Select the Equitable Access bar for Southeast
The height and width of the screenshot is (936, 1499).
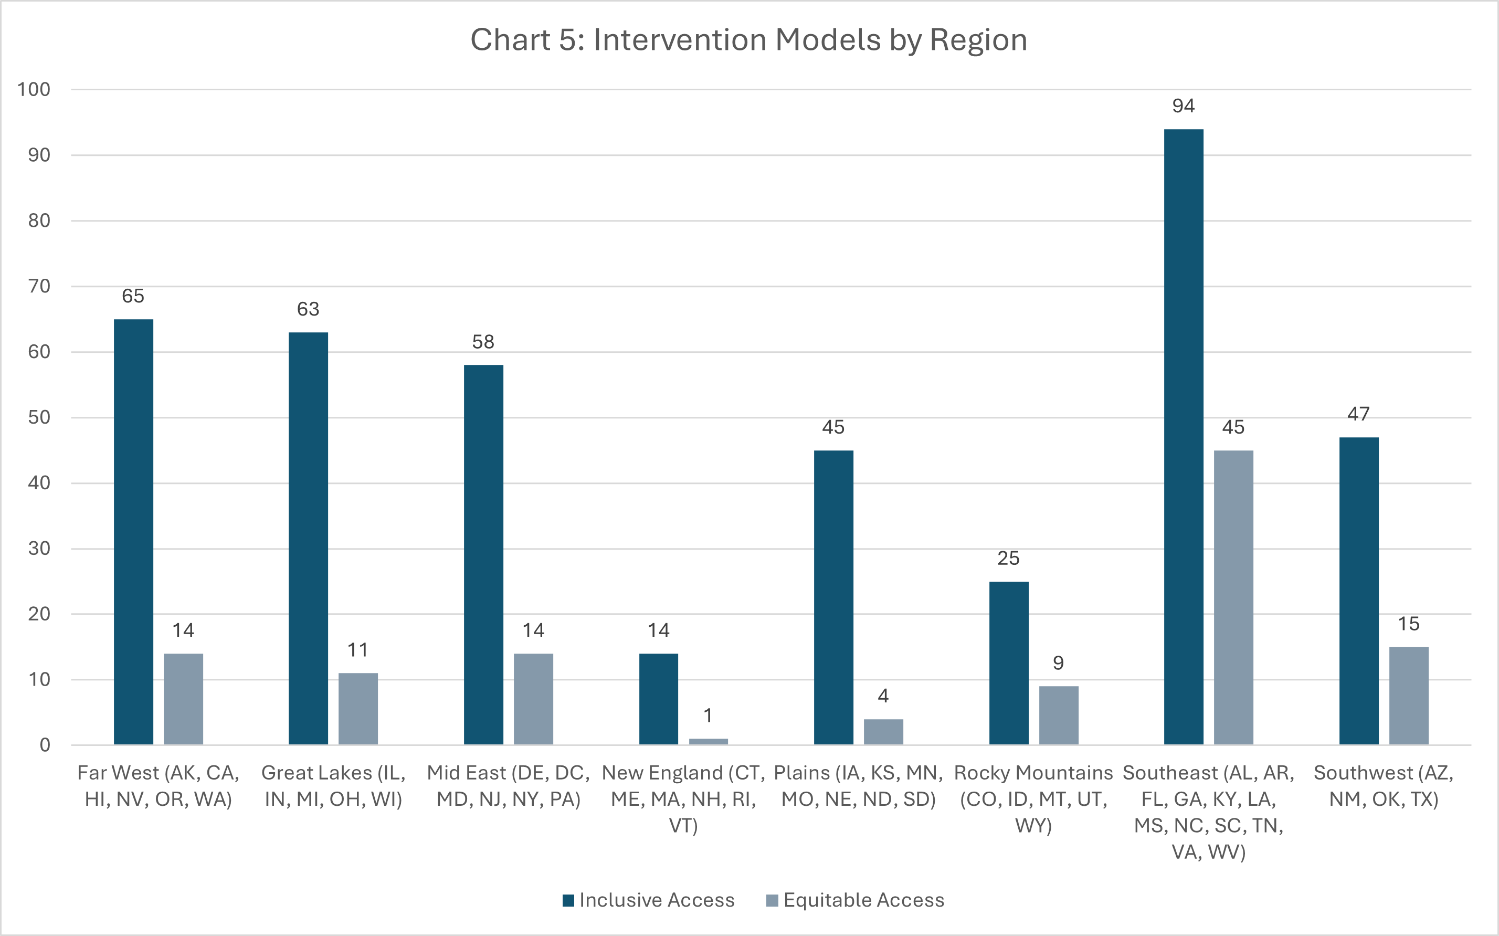[1233, 597]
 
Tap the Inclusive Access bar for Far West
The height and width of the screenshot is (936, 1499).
[134, 532]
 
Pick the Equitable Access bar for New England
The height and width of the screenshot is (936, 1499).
[708, 742]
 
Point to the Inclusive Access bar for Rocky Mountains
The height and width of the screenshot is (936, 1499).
[1009, 663]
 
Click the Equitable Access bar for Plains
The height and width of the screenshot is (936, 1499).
[883, 732]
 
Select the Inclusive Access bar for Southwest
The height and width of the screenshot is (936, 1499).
[1359, 591]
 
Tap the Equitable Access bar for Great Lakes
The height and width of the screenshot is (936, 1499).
[358, 709]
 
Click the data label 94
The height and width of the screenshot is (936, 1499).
[1184, 106]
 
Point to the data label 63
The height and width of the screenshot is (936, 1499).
[308, 309]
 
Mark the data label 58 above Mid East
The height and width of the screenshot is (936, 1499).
[483, 342]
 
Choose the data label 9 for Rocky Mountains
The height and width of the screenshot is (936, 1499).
[1058, 663]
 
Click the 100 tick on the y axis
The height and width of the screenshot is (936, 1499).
[34, 89]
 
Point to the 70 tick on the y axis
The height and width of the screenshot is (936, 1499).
[39, 286]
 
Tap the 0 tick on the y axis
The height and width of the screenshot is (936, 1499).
[45, 745]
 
